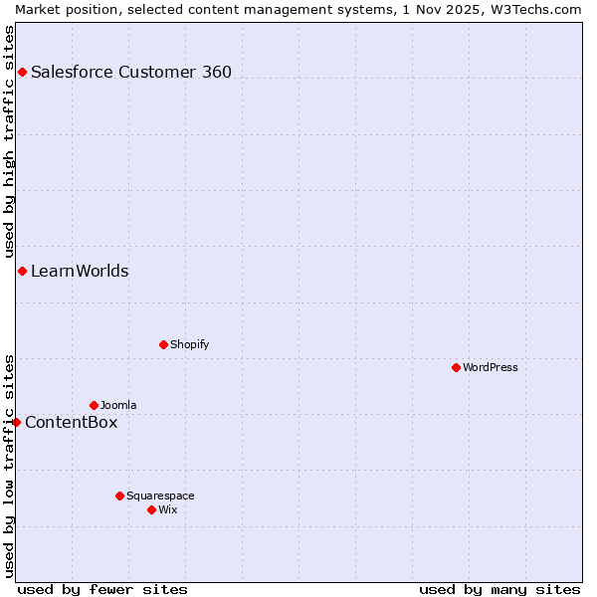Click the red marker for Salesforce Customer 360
pyautogui.click(x=22, y=72)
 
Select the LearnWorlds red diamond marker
pyautogui.click(x=22, y=271)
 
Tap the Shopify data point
pyautogui.click(x=163, y=344)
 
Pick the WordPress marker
pyautogui.click(x=456, y=367)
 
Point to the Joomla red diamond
pyautogui.click(x=94, y=405)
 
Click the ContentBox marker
pyautogui.click(x=16, y=422)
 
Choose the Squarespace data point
pyautogui.click(x=119, y=496)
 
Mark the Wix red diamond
pyautogui.click(x=151, y=509)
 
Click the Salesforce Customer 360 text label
pyautogui.click(x=131, y=72)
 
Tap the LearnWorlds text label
pyautogui.click(x=80, y=271)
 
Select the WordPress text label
pyautogui.click(x=491, y=367)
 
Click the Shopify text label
pyautogui.click(x=189, y=344)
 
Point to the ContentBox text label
pyautogui.click(x=71, y=422)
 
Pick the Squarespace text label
pyautogui.click(x=160, y=496)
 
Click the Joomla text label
pyautogui.click(x=118, y=405)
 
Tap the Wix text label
pyautogui.click(x=167, y=509)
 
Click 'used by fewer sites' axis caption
pyautogui.click(x=102, y=589)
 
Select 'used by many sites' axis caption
pyautogui.click(x=499, y=589)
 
